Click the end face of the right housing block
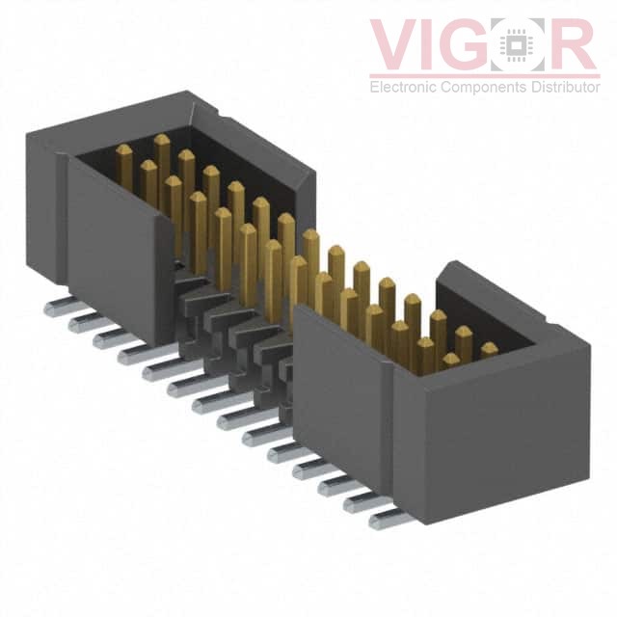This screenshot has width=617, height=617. coord(492,434)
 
